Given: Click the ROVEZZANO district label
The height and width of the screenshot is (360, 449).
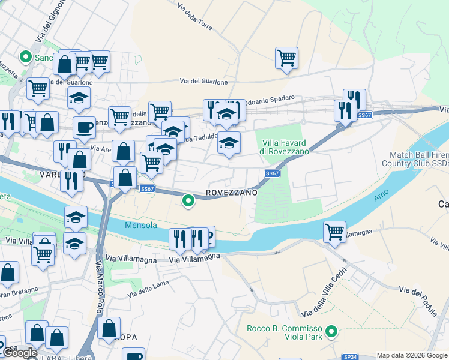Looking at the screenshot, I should click(232, 193).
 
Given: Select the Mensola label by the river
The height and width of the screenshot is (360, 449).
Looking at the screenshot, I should click(141, 226).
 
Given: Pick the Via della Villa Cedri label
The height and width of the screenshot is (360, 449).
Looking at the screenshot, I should click(324, 298).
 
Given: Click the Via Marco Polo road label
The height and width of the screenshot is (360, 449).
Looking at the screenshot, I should click(99, 289).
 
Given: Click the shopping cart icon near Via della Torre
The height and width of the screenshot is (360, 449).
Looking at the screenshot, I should click(287, 58).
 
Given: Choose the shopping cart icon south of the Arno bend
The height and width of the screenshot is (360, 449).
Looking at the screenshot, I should click(334, 232).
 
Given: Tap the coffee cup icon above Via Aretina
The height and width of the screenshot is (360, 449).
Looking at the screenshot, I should click(84, 127).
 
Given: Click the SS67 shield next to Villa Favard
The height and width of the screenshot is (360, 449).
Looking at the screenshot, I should click(272, 174).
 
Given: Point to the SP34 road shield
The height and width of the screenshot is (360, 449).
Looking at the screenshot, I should click(350, 356).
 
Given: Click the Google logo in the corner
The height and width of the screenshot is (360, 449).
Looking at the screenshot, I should click(20, 353).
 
